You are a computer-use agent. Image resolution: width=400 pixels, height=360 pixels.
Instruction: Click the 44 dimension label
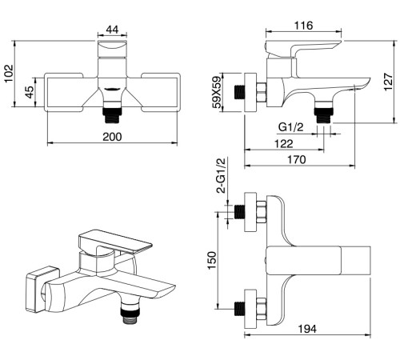[112, 30]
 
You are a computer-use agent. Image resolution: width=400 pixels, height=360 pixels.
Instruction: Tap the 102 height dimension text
[9, 74]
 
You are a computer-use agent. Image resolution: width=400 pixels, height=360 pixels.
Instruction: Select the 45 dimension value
[30, 92]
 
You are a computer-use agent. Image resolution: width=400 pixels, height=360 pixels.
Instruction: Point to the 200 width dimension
[112, 137]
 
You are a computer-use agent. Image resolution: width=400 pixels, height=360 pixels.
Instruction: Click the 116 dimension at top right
[303, 26]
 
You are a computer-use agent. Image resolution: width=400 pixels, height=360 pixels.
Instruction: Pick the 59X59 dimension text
[217, 92]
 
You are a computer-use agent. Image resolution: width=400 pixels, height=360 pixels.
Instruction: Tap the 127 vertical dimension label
[388, 82]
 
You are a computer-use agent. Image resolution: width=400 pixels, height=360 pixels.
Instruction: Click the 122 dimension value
[284, 144]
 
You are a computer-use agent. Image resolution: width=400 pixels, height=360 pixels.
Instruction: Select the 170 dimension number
[297, 159]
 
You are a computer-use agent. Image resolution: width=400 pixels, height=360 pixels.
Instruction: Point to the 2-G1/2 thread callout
[221, 175]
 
